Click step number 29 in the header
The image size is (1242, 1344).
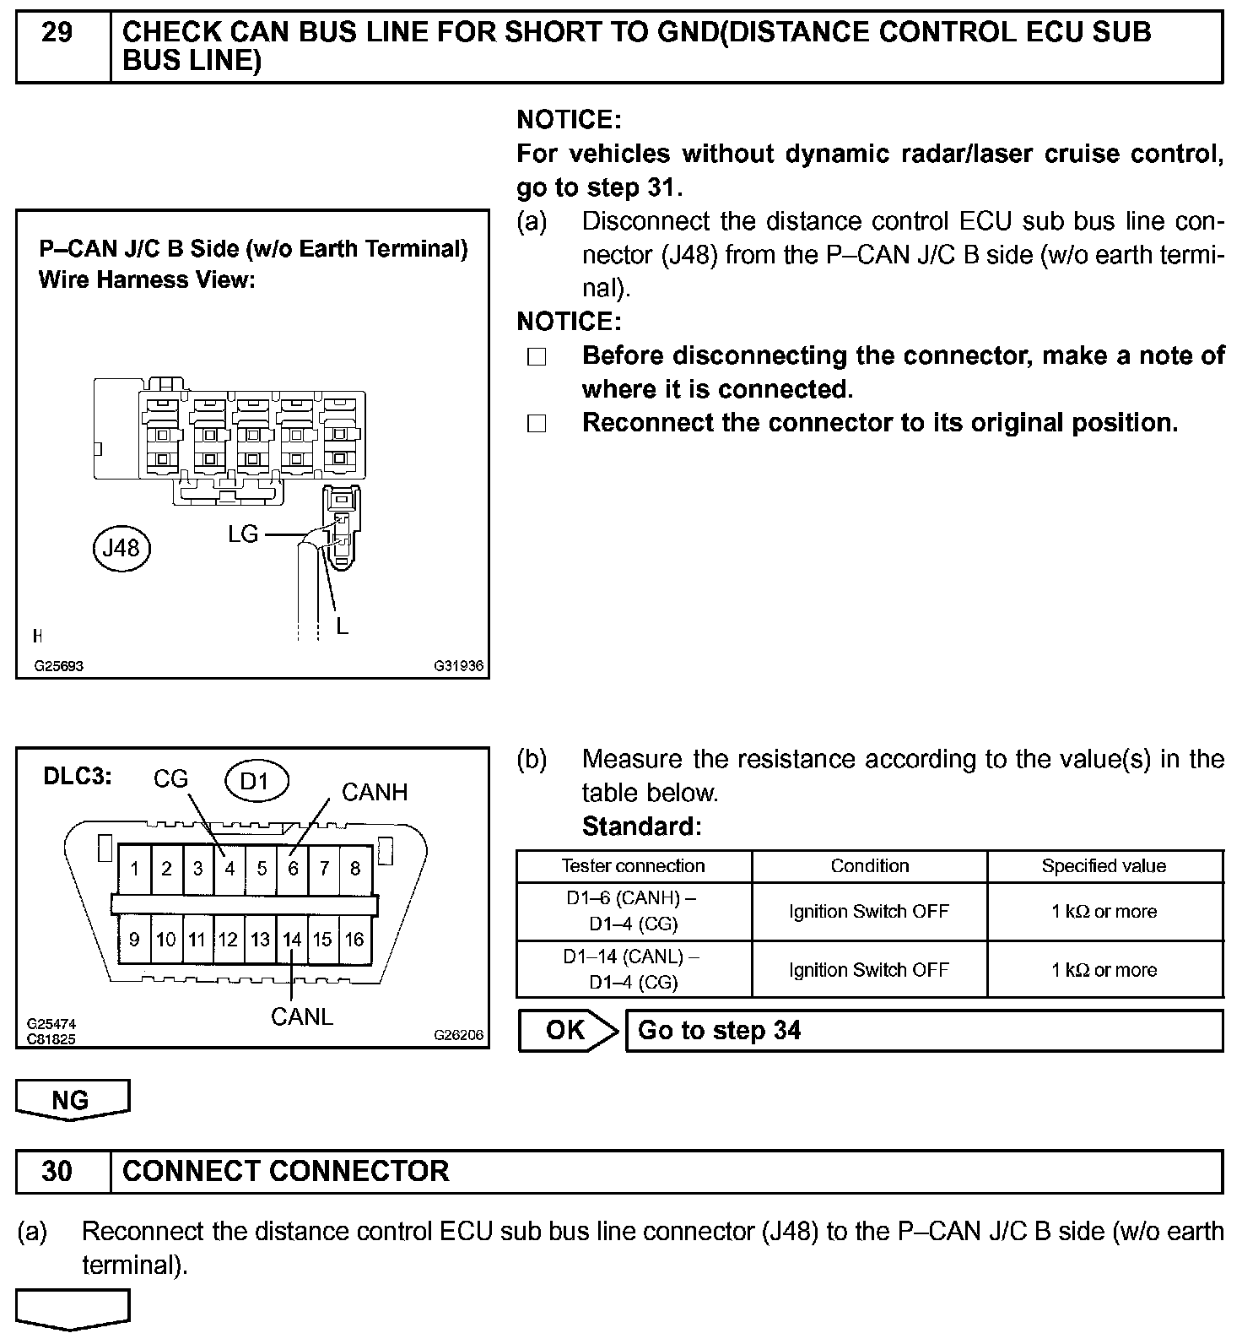(x=57, y=34)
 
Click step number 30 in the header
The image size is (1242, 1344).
(x=57, y=1171)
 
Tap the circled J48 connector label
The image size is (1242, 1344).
(x=121, y=549)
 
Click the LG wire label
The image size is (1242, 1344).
(x=243, y=534)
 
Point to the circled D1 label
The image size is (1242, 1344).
(x=254, y=781)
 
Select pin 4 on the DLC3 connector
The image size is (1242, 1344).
(x=229, y=869)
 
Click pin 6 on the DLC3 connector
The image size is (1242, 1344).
(x=293, y=869)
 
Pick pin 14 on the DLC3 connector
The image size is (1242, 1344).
(x=292, y=940)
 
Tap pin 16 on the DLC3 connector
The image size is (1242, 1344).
(x=354, y=940)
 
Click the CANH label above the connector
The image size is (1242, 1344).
(x=375, y=792)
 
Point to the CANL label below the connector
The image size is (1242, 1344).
(x=302, y=1016)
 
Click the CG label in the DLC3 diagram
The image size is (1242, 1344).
(x=170, y=778)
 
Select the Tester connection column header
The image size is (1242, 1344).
(x=633, y=866)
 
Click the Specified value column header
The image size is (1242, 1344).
(x=1104, y=866)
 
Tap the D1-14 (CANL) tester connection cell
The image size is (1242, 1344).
(x=633, y=969)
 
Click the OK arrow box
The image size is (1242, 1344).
(x=567, y=1031)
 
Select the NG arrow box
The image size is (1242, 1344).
(x=72, y=1100)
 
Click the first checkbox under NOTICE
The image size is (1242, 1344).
(x=537, y=357)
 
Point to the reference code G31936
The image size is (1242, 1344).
(x=459, y=665)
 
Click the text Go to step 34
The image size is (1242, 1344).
(x=719, y=1031)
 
